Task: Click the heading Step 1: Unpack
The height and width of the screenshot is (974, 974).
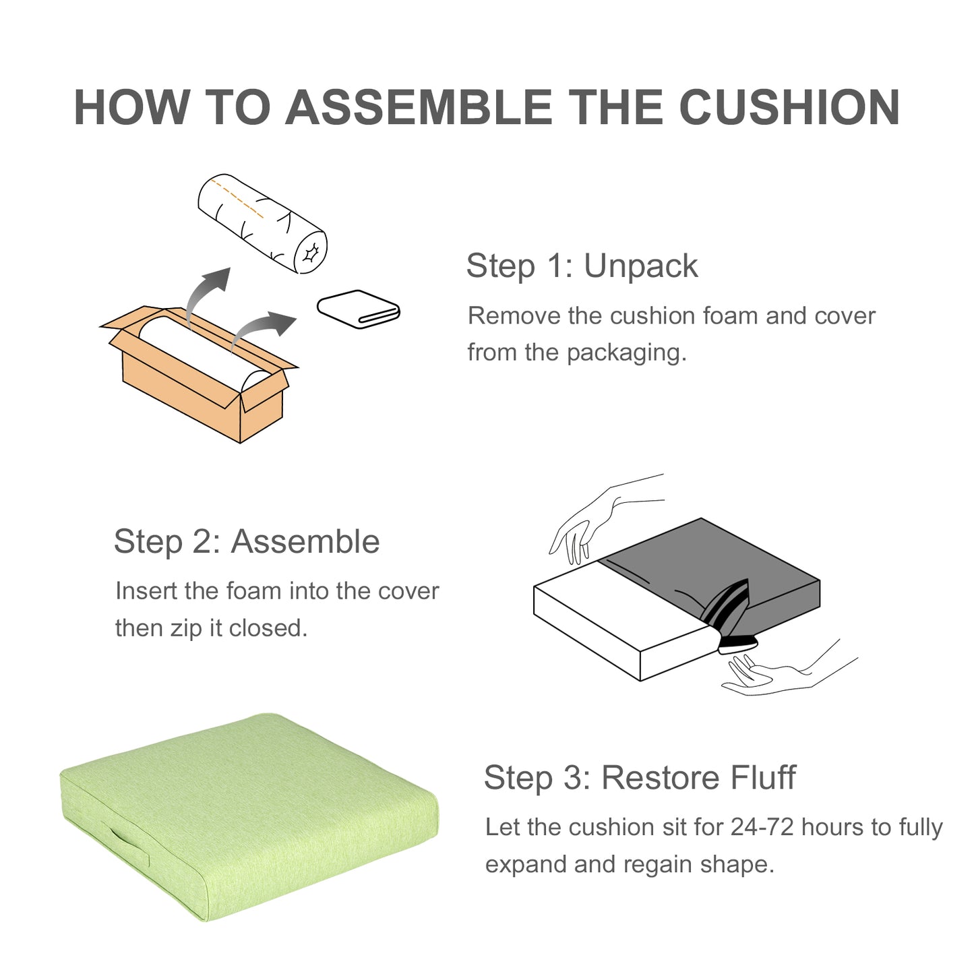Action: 582,266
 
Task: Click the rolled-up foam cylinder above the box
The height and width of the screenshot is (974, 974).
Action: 262,224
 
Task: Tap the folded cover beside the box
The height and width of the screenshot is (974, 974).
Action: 359,309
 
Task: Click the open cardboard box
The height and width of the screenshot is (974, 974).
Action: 199,374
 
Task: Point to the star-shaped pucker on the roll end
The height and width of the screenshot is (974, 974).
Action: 310,252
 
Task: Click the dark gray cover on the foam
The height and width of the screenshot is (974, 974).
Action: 708,581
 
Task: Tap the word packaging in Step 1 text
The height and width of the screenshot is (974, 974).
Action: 627,353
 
